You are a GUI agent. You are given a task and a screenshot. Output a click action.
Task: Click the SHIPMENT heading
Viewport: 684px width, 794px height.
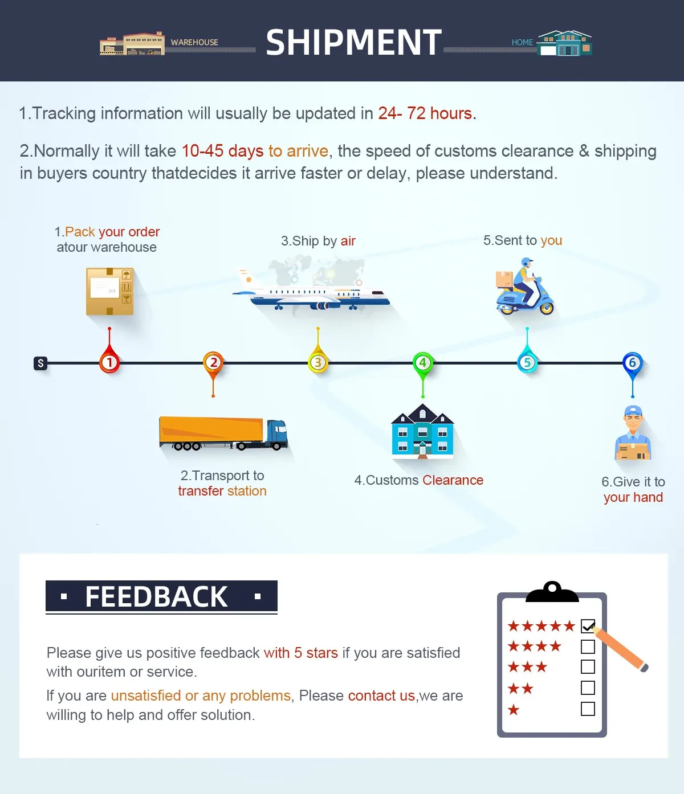pyautogui.click(x=353, y=43)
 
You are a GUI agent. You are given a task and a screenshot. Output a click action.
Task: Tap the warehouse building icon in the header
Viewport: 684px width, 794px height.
pyautogui.click(x=132, y=44)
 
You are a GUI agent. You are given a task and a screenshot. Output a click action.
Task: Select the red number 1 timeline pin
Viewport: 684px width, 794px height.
pyautogui.click(x=109, y=362)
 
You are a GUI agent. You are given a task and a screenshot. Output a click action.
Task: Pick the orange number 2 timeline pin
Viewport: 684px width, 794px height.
pyautogui.click(x=213, y=362)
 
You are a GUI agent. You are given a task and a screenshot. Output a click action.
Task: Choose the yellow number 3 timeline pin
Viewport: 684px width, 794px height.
pyautogui.click(x=318, y=362)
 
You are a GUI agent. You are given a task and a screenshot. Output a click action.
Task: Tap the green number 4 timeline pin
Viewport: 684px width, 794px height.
pyautogui.click(x=422, y=363)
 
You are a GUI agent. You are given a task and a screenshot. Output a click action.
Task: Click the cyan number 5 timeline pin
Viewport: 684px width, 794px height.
pyautogui.click(x=527, y=362)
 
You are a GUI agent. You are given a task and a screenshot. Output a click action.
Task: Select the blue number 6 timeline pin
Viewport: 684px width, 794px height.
pyautogui.click(x=632, y=363)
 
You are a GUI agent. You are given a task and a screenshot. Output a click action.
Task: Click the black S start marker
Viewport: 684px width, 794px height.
pyautogui.click(x=40, y=363)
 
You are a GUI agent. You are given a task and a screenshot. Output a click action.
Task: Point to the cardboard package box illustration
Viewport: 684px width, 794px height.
pyautogui.click(x=110, y=291)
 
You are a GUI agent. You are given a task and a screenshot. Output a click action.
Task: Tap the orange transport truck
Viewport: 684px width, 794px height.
pyautogui.click(x=223, y=433)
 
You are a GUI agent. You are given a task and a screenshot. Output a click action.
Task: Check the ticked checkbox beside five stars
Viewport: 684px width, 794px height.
pyautogui.click(x=588, y=626)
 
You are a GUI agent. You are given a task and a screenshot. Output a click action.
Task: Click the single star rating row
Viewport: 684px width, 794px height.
pyautogui.click(x=514, y=710)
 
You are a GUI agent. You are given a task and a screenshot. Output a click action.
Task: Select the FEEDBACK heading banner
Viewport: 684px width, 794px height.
pyautogui.click(x=161, y=596)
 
